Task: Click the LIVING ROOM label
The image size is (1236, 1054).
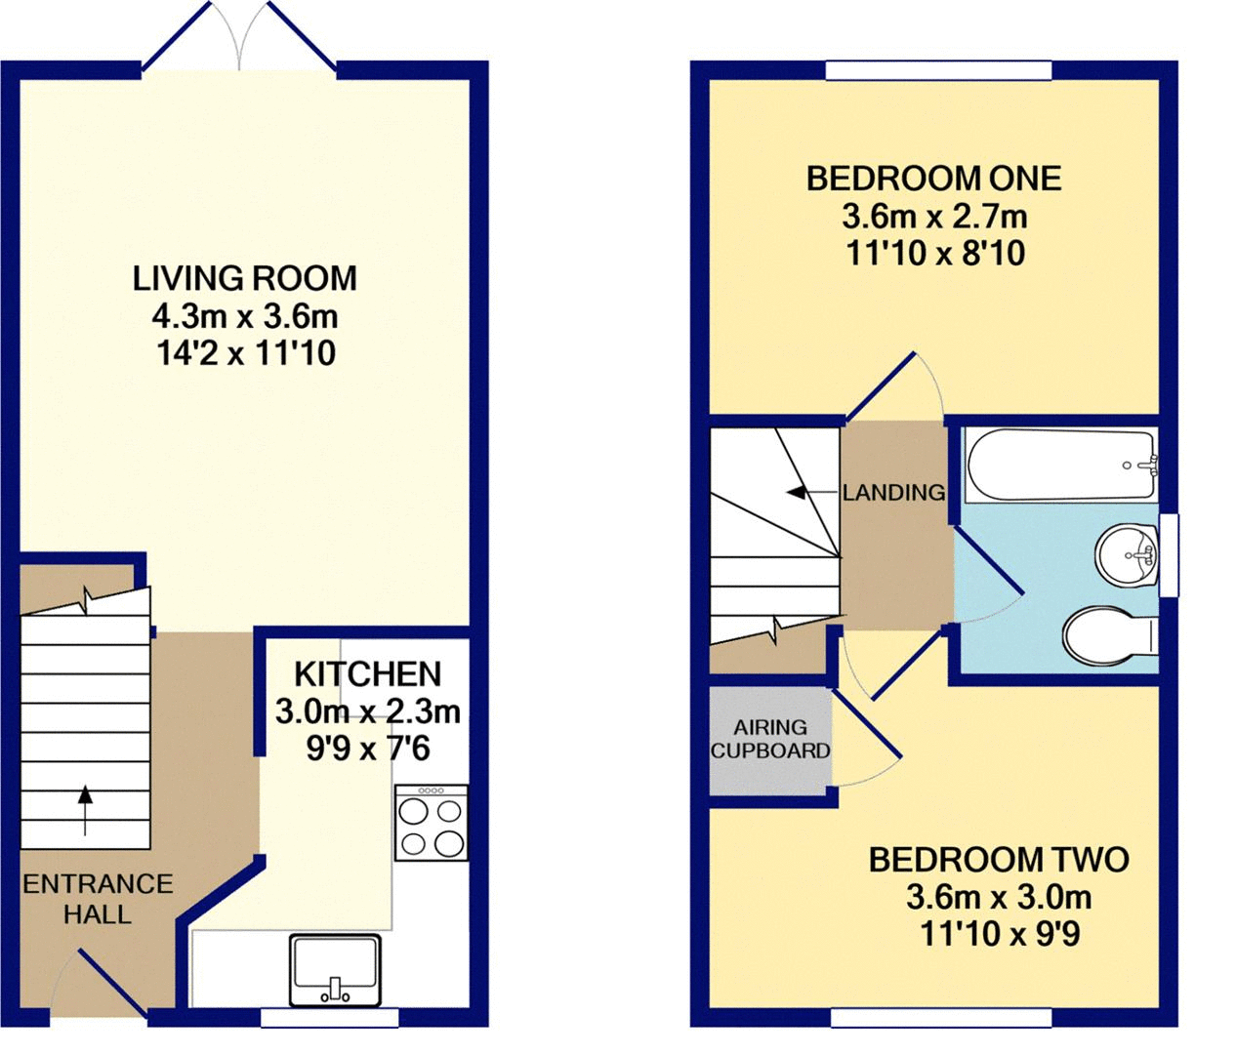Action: (245, 278)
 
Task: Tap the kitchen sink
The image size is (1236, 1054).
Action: (335, 970)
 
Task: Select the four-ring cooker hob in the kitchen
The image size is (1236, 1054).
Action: (432, 823)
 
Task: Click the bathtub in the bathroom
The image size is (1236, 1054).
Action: (1061, 466)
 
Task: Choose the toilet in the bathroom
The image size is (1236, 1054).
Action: (1110, 637)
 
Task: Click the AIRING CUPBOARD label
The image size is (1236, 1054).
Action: (770, 739)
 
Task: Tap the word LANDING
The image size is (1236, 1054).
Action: (894, 493)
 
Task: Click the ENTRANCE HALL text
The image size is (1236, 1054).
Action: (98, 899)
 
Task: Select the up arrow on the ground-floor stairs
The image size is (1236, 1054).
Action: (86, 809)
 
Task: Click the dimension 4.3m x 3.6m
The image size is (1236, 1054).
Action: (245, 316)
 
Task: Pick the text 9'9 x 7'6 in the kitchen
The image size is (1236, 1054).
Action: (368, 748)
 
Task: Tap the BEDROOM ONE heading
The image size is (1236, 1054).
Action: (934, 179)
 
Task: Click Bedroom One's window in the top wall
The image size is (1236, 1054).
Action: (938, 70)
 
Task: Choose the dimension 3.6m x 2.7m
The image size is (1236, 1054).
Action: (934, 216)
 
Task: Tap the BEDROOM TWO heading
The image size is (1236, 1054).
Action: (999, 860)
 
